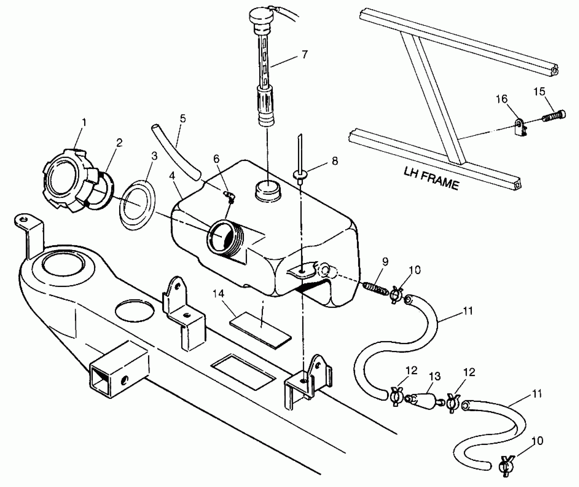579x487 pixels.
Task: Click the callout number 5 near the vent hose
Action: pyautogui.click(x=183, y=118)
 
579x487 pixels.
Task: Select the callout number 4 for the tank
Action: pyautogui.click(x=172, y=175)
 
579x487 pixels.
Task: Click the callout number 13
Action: pyautogui.click(x=435, y=376)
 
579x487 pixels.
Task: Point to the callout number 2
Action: pyautogui.click(x=119, y=142)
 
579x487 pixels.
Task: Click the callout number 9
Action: pyautogui.click(x=385, y=261)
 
